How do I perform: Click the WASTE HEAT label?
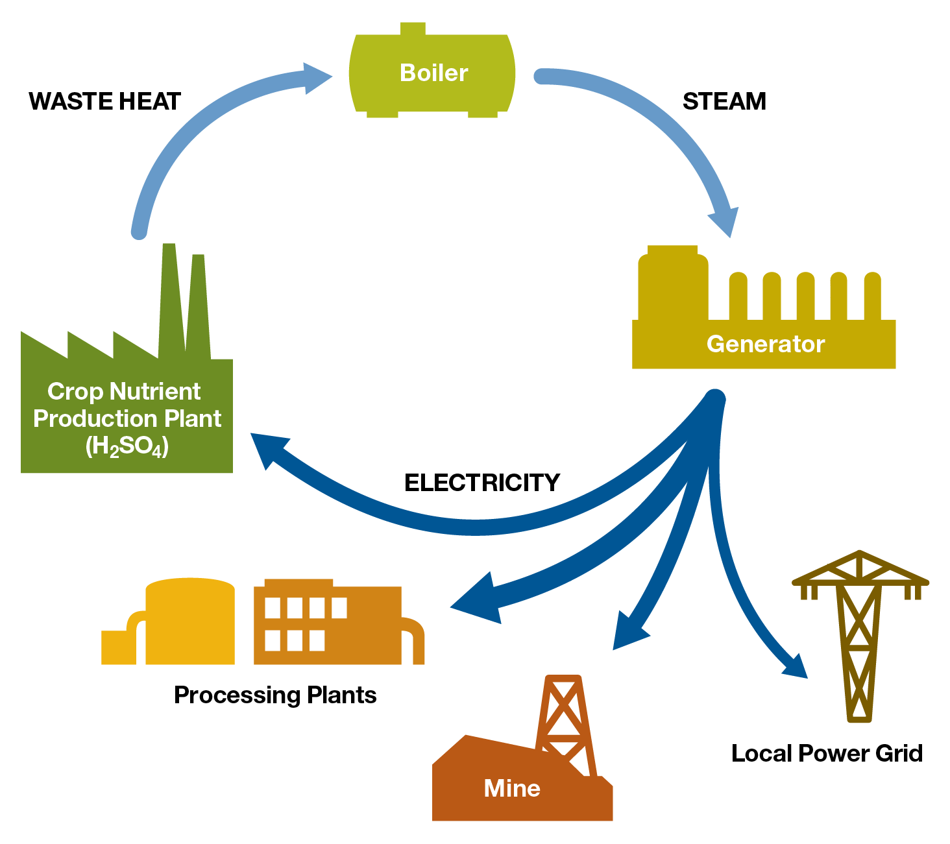tap(104, 102)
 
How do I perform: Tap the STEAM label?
tap(724, 102)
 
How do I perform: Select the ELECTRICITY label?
tap(481, 483)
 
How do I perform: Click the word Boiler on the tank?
tap(433, 73)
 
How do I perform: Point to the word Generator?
tap(765, 344)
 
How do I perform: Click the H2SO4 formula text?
tap(127, 446)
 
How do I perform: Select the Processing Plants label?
tap(275, 695)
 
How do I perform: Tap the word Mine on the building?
tap(512, 788)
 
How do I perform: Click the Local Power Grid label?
tap(827, 753)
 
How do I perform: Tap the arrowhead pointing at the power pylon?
tap(796, 666)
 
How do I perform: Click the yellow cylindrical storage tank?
tap(189, 621)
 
